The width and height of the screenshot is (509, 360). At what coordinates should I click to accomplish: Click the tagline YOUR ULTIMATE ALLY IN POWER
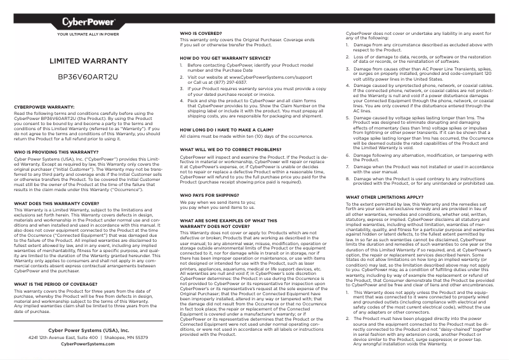[88, 34]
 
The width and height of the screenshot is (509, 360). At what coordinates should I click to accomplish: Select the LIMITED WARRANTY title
[88, 62]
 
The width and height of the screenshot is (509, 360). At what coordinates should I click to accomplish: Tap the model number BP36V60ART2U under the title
[88, 77]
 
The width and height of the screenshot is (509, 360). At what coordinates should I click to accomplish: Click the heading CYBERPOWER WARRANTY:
[45, 107]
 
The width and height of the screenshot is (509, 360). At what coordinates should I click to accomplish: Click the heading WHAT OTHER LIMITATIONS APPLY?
[384, 197]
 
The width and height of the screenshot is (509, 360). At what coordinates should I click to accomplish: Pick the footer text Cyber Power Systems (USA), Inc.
[88, 331]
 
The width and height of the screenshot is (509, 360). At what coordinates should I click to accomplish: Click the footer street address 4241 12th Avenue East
[61, 338]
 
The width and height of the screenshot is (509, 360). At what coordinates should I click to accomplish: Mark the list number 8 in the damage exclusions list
[348, 178]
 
